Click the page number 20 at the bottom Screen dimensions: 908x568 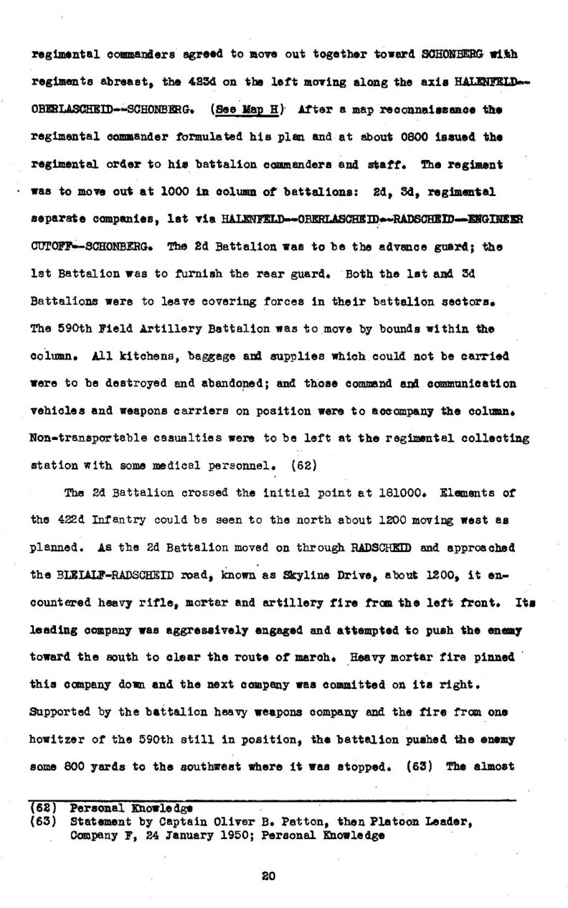coord(269,874)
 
